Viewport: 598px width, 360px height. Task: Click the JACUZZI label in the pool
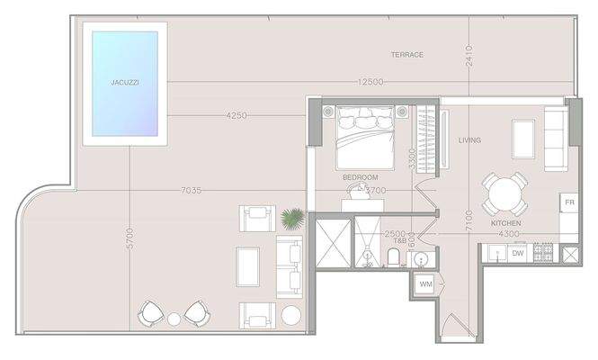123,82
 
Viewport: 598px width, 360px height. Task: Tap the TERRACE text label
406,55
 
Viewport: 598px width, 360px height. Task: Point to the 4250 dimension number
237,115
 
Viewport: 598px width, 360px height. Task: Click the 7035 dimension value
191,190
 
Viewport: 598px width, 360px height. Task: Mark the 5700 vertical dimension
130,238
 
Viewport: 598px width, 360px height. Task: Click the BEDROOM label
360,177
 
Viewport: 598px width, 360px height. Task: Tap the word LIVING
469,139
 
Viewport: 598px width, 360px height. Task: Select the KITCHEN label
505,222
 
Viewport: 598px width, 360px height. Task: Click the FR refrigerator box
569,202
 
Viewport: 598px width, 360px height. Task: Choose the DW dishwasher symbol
518,254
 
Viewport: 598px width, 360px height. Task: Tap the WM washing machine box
425,285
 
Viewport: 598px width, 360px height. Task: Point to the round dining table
504,193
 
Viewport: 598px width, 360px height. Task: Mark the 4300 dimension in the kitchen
509,235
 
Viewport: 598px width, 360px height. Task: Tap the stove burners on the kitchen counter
543,253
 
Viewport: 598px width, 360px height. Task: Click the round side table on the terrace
291,315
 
